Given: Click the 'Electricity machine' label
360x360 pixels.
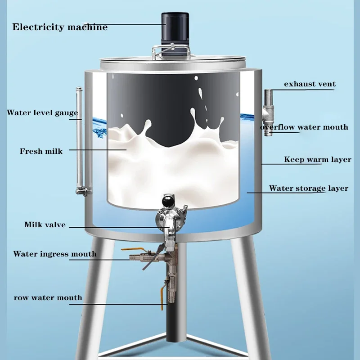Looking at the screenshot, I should pos(60,27).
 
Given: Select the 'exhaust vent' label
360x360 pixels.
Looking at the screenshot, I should pos(310,84).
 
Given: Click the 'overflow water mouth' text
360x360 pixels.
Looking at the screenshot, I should pos(305,127).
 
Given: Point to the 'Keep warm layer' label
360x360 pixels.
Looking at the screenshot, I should pos(318,159).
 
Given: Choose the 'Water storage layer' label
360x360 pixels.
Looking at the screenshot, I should pos(309,189).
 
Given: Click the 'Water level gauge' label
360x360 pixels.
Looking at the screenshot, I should pos(42,113).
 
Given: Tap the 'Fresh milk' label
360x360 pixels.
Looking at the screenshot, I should pos(41,151).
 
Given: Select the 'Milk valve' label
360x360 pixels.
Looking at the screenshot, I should pos(45,225).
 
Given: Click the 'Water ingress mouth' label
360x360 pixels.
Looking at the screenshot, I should pos(54,254).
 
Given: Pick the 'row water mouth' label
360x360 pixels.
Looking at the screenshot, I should pos(48,297).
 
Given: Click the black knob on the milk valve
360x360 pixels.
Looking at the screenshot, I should pos(168,199).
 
